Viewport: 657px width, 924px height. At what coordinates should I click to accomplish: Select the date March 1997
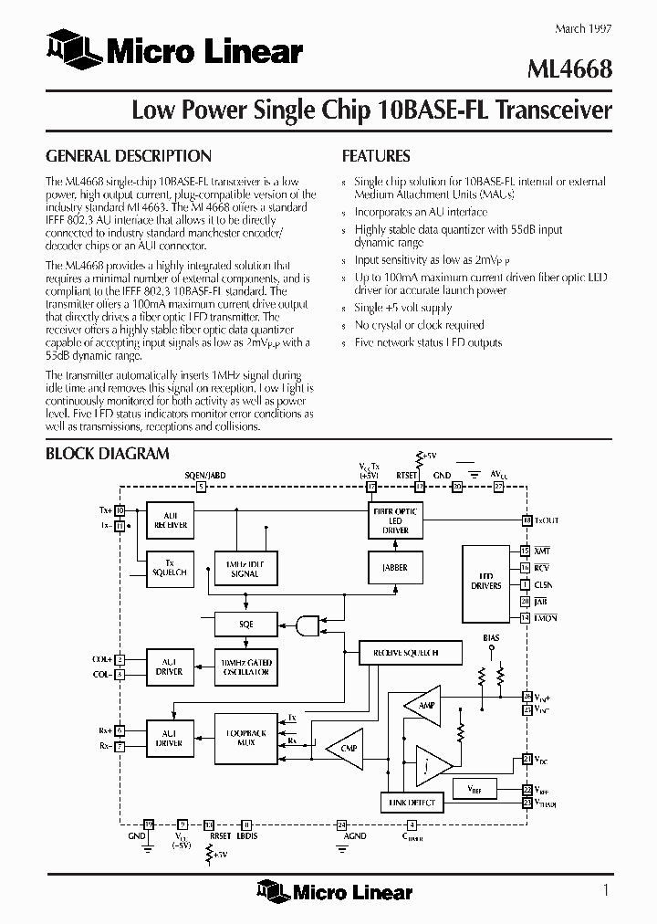point(584,28)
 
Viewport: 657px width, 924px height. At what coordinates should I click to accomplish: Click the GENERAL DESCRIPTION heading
point(128,156)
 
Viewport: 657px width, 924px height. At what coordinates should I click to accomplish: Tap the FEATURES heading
point(375,156)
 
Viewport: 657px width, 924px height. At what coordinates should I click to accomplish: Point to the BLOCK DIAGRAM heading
point(107,453)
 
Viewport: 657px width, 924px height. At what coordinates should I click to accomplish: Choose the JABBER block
point(394,567)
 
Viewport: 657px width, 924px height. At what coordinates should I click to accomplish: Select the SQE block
point(245,625)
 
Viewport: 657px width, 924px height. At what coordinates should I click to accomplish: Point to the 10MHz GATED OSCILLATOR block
point(245,667)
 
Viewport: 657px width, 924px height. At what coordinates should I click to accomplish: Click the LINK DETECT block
point(410,803)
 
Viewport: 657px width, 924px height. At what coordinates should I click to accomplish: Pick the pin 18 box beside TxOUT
point(526,520)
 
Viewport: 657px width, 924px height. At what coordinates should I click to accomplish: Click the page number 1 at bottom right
point(606,889)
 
